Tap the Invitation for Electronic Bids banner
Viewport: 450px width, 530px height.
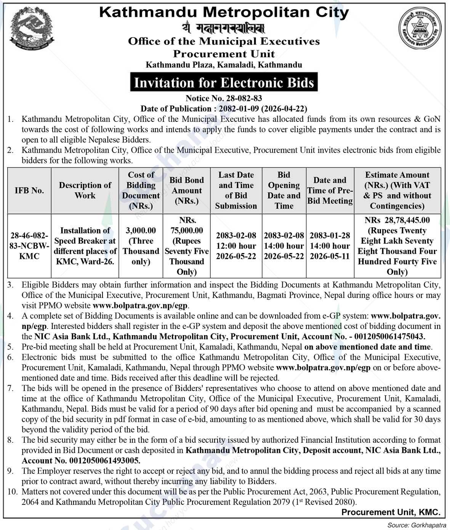(224, 83)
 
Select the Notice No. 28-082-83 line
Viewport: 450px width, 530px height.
(224, 99)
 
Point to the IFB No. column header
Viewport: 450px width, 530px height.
(29, 190)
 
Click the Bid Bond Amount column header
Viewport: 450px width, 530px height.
(187, 190)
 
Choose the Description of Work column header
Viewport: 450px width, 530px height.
(85, 190)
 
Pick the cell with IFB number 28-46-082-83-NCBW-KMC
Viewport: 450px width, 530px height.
(29, 246)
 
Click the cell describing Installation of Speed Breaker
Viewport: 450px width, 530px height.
(85, 246)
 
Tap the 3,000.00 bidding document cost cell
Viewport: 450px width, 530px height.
(141, 246)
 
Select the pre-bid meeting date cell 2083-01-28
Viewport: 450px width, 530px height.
(330, 246)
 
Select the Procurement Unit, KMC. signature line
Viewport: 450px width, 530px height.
(391, 512)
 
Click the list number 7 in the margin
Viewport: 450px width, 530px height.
(10, 388)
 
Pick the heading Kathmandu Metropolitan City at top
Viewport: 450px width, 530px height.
(224, 12)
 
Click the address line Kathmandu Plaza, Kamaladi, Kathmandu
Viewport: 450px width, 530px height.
(224, 65)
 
